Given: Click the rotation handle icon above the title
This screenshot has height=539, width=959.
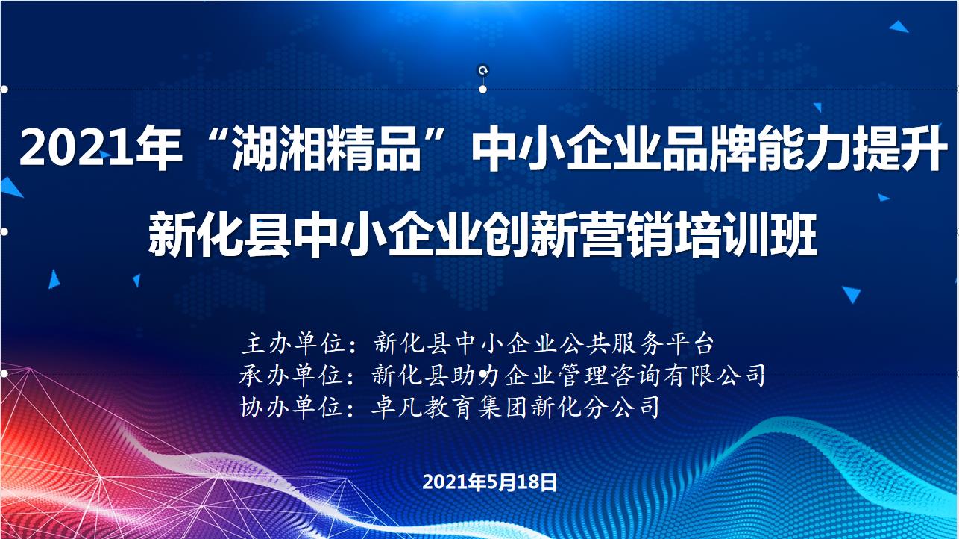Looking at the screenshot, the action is (483, 70).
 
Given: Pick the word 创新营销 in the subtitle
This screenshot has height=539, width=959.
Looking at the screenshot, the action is (579, 234).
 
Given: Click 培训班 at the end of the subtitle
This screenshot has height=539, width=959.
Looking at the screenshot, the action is (747, 234).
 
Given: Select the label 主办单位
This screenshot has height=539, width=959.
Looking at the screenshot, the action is (293, 343).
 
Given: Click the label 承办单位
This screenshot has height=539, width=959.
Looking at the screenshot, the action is (292, 375).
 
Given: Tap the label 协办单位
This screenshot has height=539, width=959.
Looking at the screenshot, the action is (292, 407).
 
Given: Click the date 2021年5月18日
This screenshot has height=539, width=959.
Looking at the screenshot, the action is (489, 482).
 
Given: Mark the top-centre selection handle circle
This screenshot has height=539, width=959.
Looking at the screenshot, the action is (483, 89).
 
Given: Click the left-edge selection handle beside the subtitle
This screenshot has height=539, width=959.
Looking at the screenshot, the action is (4, 231).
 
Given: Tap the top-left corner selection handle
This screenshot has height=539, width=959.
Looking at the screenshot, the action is (4, 89).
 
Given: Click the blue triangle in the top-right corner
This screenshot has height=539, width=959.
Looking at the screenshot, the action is (899, 27).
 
